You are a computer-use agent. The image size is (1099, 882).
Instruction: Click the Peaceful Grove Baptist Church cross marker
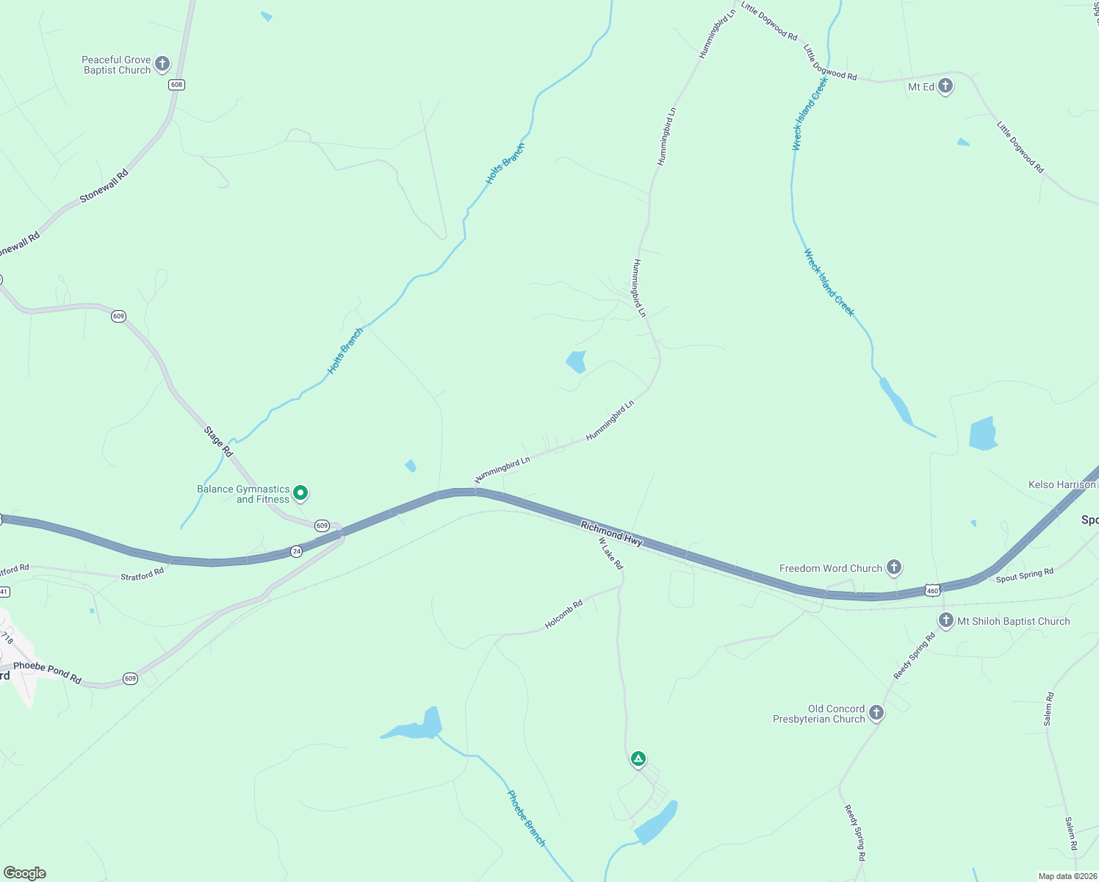click(x=162, y=64)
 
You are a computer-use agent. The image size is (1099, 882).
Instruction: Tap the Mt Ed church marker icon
click(x=945, y=86)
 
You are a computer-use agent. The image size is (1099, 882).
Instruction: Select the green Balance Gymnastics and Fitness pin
click(x=300, y=493)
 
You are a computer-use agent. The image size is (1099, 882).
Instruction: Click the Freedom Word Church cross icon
click(x=893, y=567)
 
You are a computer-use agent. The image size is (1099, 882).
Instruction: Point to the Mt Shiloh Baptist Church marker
click(x=946, y=620)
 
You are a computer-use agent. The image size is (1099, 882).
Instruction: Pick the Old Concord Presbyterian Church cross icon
click(x=876, y=712)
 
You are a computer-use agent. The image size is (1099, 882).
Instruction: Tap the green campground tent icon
click(x=638, y=759)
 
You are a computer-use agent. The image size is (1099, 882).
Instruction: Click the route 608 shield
click(x=176, y=85)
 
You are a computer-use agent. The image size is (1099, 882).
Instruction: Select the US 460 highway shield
click(x=932, y=590)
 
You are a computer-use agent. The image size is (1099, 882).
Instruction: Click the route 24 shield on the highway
click(x=296, y=551)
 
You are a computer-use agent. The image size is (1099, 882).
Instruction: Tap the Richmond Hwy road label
click(x=611, y=534)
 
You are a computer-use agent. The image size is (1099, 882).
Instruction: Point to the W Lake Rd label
click(x=611, y=553)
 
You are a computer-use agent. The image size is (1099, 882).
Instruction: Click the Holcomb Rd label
click(x=563, y=614)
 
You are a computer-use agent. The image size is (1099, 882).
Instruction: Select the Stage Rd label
click(x=218, y=441)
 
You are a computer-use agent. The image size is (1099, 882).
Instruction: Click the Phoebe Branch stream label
click(x=526, y=818)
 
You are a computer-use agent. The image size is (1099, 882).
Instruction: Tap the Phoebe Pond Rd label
click(x=48, y=673)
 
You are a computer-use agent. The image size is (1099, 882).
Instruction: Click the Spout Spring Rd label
click(x=1024, y=575)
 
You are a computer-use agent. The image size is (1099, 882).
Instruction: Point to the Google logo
click(x=25, y=873)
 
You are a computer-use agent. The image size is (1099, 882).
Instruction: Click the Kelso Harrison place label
click(x=1062, y=484)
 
